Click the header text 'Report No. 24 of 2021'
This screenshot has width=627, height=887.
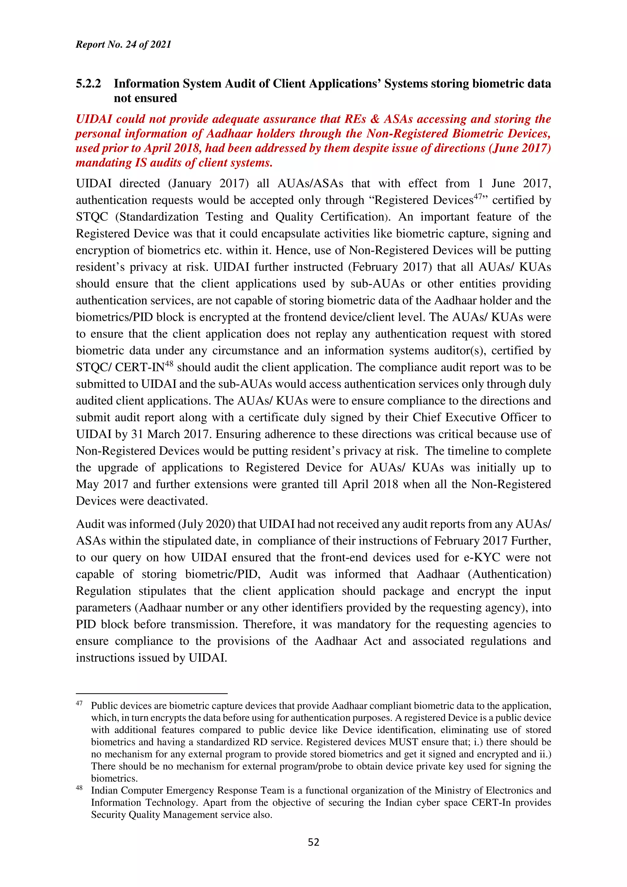pos(123,44)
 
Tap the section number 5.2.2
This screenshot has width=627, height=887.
pos(88,84)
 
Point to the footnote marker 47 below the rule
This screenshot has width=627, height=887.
pos(79,703)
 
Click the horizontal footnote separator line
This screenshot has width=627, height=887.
pos(152,694)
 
